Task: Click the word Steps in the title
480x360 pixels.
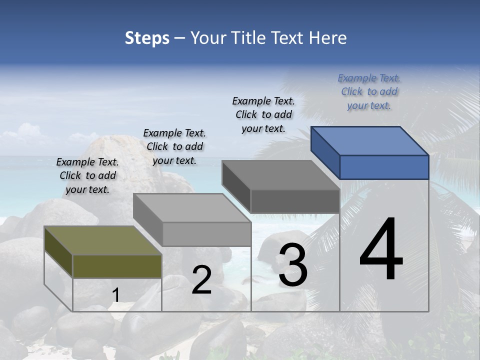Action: pyautogui.click(x=147, y=38)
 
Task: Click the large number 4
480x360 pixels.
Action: pyautogui.click(x=381, y=250)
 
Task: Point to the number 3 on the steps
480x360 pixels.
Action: pyautogui.click(x=292, y=265)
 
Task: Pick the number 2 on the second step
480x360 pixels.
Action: pyautogui.click(x=201, y=280)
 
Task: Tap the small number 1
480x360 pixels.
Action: pyautogui.click(x=115, y=295)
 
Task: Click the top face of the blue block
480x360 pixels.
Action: pyautogui.click(x=370, y=141)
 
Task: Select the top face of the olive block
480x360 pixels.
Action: pyautogui.click(x=103, y=240)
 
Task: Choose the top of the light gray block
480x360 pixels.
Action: pyautogui.click(x=192, y=208)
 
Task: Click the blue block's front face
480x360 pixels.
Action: pyautogui.click(x=384, y=167)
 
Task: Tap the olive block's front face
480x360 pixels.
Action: pyautogui.click(x=117, y=266)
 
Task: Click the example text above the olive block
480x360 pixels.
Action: pyautogui.click(x=87, y=175)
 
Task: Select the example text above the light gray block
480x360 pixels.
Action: pyautogui.click(x=174, y=146)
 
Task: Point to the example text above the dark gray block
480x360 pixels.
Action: pyautogui.click(x=263, y=114)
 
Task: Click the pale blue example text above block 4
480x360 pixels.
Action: pyautogui.click(x=369, y=91)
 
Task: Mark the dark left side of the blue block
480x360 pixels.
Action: pyautogui.click(x=325, y=150)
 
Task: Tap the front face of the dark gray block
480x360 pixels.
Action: pyautogui.click(x=295, y=201)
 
